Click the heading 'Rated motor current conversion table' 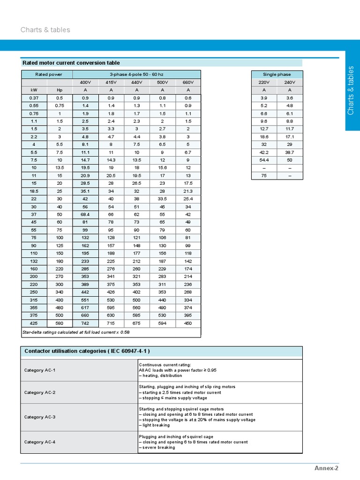(71, 63)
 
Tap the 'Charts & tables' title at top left (45, 30)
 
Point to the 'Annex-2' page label (326, 468)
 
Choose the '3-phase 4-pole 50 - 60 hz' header (137, 75)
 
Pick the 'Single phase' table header (277, 75)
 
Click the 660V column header (188, 82)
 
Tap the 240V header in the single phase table (290, 82)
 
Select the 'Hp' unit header (60, 90)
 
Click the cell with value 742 (85, 323)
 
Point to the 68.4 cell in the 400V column (85, 214)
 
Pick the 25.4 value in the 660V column (188, 199)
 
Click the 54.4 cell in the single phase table (264, 160)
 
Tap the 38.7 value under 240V (290, 152)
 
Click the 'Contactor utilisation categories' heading (87, 352)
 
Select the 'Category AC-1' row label (40, 370)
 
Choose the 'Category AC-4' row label (40, 442)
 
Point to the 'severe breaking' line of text (157, 448)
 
